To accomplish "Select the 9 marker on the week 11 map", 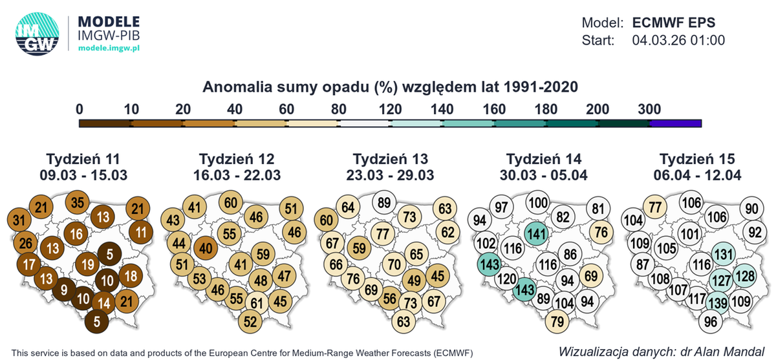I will [64, 290].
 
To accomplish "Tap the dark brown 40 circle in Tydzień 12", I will [205, 248].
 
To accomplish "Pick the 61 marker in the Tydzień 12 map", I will [257, 302].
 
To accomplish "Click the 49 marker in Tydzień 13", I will [411, 280].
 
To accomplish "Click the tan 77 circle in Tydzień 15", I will [656, 207].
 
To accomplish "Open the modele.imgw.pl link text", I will [109, 48].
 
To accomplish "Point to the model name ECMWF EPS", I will [673, 22].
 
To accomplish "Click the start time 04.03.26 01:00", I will [678, 40].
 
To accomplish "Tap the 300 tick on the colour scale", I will [649, 109].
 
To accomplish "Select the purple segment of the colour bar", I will [675, 122].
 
